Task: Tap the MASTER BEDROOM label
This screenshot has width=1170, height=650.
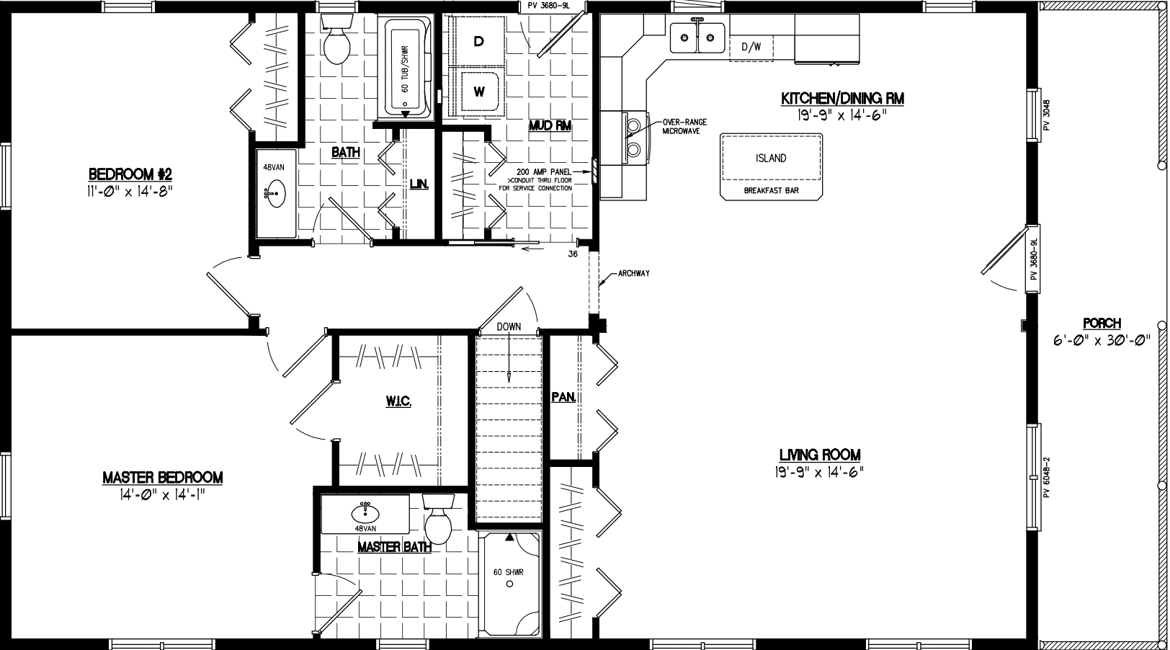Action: (162, 477)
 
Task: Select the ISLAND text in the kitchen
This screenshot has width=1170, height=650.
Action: (771, 159)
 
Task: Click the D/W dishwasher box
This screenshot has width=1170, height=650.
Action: (751, 48)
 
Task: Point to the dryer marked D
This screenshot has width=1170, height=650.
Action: (478, 42)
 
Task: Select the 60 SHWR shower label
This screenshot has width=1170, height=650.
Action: (508, 572)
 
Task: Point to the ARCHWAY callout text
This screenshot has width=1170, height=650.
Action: (634, 274)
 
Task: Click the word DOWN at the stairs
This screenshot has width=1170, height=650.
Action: (509, 326)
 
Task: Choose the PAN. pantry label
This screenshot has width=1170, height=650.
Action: (562, 397)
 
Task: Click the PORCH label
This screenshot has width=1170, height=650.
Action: (1102, 324)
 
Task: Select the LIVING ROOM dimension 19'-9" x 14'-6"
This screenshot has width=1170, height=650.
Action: (819, 471)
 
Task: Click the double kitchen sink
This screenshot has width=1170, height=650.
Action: (697, 37)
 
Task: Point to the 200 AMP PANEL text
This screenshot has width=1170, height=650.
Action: (540, 172)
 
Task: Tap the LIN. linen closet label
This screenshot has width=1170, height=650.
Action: (419, 184)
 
